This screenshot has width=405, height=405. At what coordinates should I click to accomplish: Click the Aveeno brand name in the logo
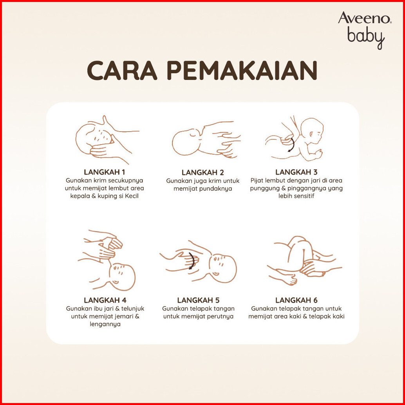pyautogui.click(x=364, y=18)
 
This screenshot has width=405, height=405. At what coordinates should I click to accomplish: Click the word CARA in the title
pyautogui.click(x=122, y=70)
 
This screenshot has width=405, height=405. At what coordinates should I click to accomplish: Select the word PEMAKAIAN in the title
pyautogui.click(x=242, y=70)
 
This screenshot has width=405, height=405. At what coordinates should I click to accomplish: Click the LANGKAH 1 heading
pyautogui.click(x=104, y=172)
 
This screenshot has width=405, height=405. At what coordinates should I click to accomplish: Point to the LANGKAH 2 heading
pyautogui.click(x=202, y=172)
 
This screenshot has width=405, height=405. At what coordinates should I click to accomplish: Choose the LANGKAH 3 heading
pyautogui.click(x=296, y=172)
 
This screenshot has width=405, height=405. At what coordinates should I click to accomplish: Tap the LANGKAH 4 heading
pyautogui.click(x=105, y=300)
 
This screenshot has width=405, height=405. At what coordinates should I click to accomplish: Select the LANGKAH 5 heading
pyautogui.click(x=198, y=300)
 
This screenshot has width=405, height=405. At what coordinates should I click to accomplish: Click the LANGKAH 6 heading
pyautogui.click(x=296, y=300)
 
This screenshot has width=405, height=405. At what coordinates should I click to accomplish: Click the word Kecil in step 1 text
pyautogui.click(x=132, y=196)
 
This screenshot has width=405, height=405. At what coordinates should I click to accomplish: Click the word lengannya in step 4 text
pyautogui.click(x=105, y=324)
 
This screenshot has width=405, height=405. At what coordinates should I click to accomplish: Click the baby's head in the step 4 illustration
pyautogui.click(x=122, y=277)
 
